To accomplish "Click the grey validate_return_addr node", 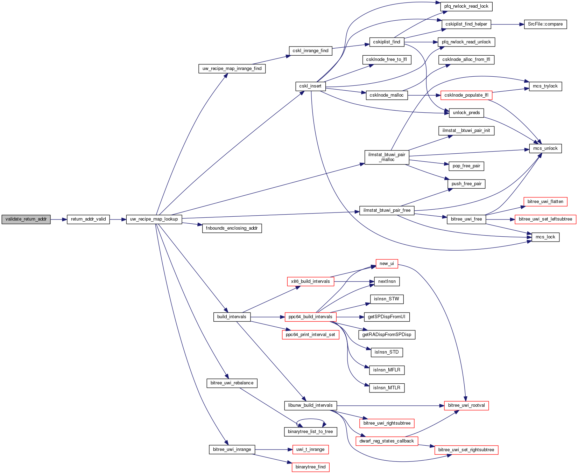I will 26,219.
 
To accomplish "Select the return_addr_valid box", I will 88,219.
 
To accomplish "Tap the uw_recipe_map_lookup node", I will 154,219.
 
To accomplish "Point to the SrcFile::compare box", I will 545,24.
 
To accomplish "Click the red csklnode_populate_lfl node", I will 466,95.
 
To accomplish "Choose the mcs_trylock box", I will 545,86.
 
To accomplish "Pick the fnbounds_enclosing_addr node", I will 232,228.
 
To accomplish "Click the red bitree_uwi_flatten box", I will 545,202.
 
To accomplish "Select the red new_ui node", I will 387,264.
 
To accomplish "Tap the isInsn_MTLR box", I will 387,388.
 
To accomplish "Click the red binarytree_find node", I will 310,467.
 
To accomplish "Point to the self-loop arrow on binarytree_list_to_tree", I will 311,419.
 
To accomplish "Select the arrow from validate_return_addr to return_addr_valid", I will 58,219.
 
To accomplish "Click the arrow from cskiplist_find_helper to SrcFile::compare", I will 507,24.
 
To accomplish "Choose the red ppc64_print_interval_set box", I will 310,335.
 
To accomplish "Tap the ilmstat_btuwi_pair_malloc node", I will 387,157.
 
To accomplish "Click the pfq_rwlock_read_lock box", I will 466,6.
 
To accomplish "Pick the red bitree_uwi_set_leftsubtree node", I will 545,219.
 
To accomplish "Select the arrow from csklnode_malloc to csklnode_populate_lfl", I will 424,95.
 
